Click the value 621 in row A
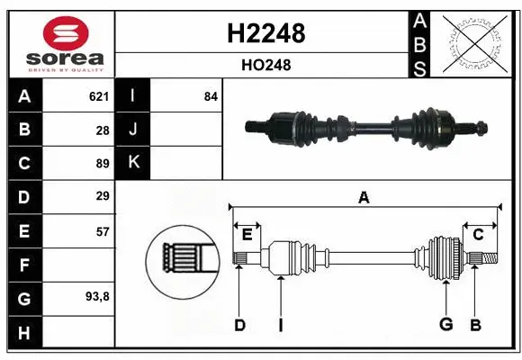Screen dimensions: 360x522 [x=98, y=96]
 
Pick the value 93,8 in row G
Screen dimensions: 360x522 [x=96, y=296]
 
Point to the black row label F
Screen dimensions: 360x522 [x=23, y=265]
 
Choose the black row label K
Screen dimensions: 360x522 [x=133, y=163]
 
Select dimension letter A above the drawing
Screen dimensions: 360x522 [x=364, y=197]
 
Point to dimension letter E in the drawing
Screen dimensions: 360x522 [x=247, y=235]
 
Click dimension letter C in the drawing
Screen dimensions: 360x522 [x=478, y=235]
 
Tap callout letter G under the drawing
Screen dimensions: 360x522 [x=445, y=324]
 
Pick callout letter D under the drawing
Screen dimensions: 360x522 [x=239, y=324]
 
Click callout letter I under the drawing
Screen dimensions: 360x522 [x=280, y=324]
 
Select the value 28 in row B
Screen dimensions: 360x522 [x=102, y=130]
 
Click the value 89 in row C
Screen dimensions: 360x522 [x=102, y=164]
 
